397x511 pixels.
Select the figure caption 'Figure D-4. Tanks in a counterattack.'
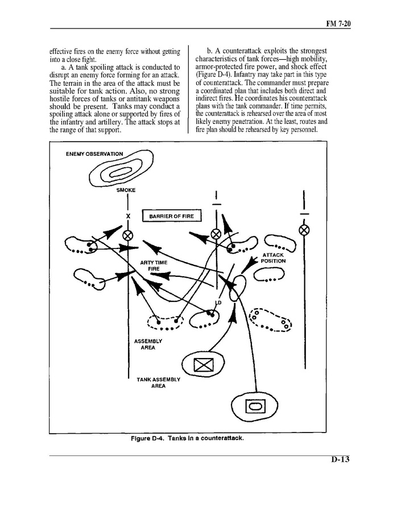(191, 438)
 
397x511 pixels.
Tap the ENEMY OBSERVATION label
(94, 154)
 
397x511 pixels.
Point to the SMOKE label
(126, 190)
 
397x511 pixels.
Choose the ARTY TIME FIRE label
(153, 265)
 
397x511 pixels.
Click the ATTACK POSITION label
(274, 258)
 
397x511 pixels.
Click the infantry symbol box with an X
(202, 364)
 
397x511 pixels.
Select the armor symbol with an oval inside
(255, 406)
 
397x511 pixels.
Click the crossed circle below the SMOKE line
(127, 234)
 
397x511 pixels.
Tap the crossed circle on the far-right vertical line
(304, 230)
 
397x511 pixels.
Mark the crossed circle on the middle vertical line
(216, 234)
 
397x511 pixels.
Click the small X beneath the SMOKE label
(127, 216)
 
